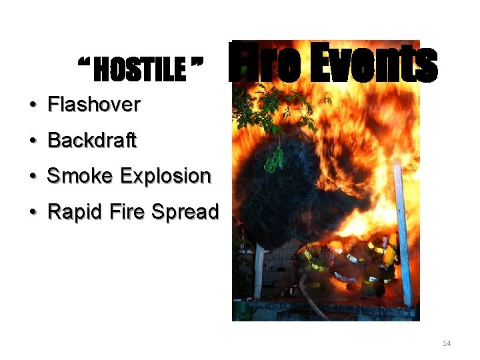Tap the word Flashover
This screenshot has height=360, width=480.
point(94,105)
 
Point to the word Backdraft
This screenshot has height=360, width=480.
point(92,141)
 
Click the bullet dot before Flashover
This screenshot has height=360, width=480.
point(32,105)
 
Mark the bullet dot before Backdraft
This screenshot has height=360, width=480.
point(32,141)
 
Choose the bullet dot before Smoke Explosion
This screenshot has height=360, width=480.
point(32,177)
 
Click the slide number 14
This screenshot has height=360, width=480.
point(447,343)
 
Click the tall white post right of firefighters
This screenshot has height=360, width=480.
point(403,233)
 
